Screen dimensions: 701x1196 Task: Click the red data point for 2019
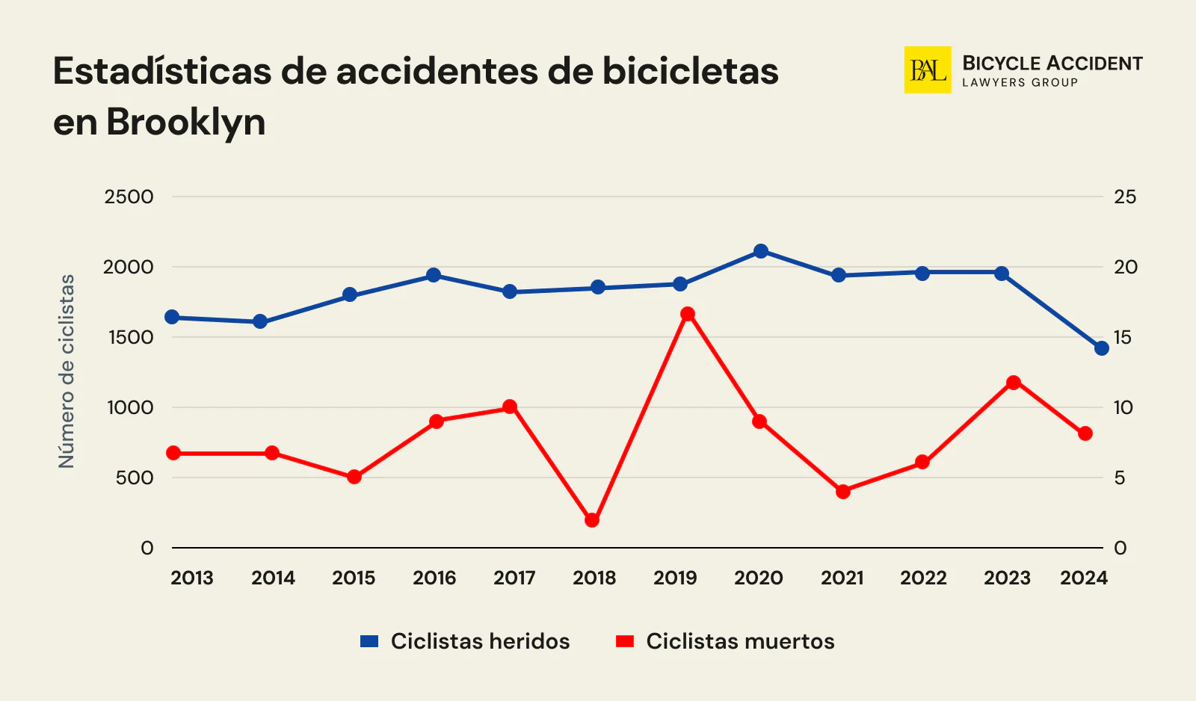pyautogui.click(x=688, y=314)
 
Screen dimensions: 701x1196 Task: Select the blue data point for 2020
pyautogui.click(x=761, y=251)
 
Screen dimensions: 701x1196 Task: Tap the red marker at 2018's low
pyautogui.click(x=592, y=520)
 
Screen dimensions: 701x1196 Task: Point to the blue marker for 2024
pyautogui.click(x=1101, y=348)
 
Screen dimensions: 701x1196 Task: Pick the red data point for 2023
pyautogui.click(x=1014, y=383)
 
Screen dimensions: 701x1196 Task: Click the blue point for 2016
pyautogui.click(x=434, y=275)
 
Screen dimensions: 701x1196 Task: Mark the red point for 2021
pyautogui.click(x=843, y=492)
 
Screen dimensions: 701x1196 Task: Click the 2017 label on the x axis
pyautogui.click(x=514, y=578)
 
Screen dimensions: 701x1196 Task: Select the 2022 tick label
pyautogui.click(x=923, y=578)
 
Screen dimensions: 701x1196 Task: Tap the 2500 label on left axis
pyautogui.click(x=129, y=197)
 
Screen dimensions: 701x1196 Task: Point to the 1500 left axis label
pyautogui.click(x=130, y=337)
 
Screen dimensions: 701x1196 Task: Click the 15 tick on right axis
pyautogui.click(x=1123, y=337)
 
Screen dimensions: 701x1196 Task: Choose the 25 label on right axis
pyautogui.click(x=1124, y=197)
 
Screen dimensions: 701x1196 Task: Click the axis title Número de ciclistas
pyautogui.click(x=67, y=371)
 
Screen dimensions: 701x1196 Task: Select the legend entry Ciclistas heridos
pyautogui.click(x=480, y=641)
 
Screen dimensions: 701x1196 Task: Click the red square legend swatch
pyautogui.click(x=625, y=641)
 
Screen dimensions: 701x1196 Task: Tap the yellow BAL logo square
pyautogui.click(x=927, y=70)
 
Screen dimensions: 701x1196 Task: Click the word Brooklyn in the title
pyautogui.click(x=185, y=122)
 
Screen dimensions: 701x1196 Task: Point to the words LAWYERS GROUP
pyautogui.click(x=1020, y=83)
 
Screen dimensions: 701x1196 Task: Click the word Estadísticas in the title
pyautogui.click(x=162, y=72)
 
